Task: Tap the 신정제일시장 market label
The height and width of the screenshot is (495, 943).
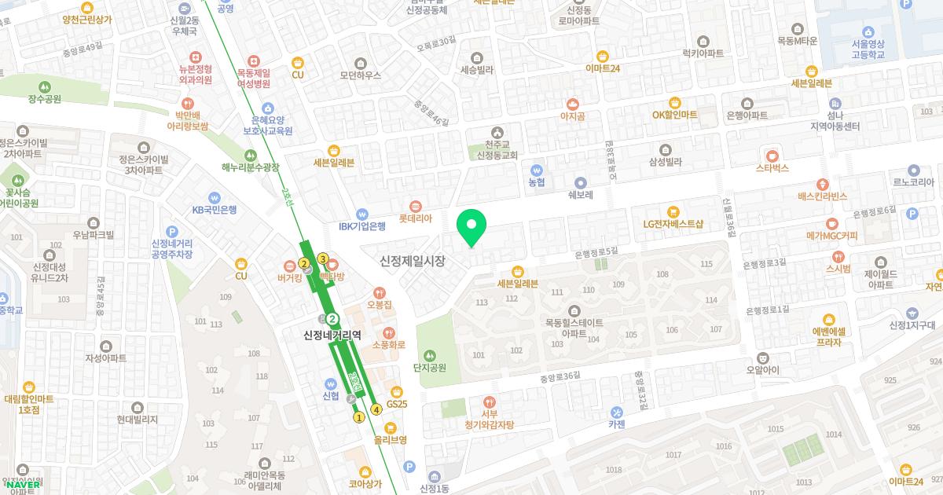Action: click(412, 261)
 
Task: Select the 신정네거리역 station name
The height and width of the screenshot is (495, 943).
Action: click(332, 335)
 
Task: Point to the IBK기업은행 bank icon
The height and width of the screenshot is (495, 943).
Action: click(362, 213)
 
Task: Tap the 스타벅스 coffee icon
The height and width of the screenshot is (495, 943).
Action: click(772, 154)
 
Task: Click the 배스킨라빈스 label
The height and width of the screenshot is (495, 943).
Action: click(822, 196)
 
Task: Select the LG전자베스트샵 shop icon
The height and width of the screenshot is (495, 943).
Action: click(673, 211)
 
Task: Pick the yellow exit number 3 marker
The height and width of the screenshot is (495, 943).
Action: click(322, 258)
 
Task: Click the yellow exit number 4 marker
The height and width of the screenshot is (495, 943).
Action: click(376, 409)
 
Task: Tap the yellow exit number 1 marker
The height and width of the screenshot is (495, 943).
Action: click(359, 417)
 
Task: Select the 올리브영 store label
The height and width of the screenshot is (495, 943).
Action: click(391, 440)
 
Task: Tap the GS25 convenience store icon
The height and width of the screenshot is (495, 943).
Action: click(396, 391)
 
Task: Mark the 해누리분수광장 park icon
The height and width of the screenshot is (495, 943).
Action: click(251, 155)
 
